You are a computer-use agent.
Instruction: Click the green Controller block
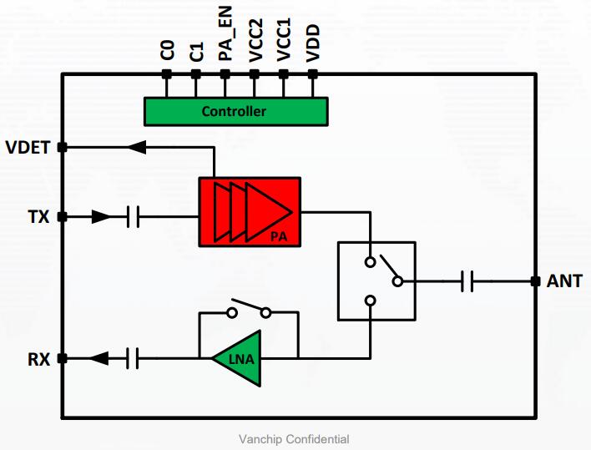tap(235, 111)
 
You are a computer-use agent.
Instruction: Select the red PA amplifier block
tap(250, 212)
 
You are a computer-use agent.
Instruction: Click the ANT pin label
tap(563, 281)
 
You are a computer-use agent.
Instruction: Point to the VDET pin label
tap(28, 148)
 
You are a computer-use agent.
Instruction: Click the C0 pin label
tap(167, 51)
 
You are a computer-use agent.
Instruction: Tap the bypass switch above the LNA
tap(249, 311)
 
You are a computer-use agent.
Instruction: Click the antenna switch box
tap(375, 281)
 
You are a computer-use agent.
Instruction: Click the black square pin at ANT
tap(535, 281)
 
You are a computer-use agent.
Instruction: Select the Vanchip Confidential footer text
tap(294, 439)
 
